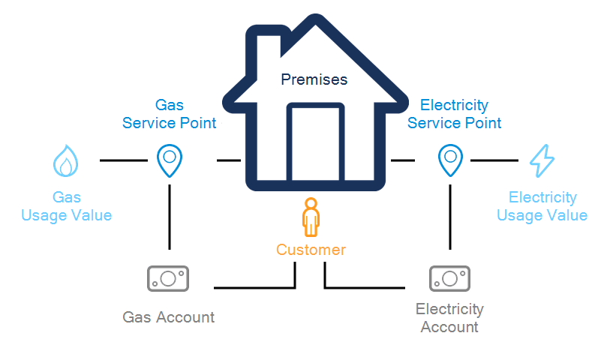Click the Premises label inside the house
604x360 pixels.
click(314, 79)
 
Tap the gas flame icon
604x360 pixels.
click(66, 160)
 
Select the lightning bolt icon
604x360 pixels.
click(542, 160)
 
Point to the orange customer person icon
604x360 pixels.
click(310, 217)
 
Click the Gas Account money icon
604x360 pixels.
click(168, 278)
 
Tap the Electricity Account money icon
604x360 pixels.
click(449, 278)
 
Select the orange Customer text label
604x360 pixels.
click(311, 250)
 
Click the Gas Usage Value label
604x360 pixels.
click(66, 207)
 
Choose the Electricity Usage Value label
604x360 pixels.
click(542, 207)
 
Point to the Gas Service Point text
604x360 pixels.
click(170, 114)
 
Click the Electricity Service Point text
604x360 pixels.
click(454, 114)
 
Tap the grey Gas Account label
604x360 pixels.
click(168, 317)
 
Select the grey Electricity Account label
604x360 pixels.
click(449, 318)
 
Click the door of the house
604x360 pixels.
click(316, 142)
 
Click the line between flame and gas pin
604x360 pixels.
click(124, 160)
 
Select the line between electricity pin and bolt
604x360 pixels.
click(494, 160)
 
